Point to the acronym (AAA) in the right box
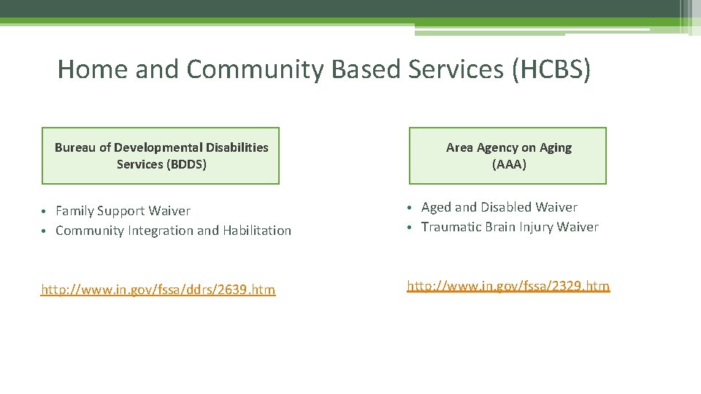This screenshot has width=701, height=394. [x=509, y=164]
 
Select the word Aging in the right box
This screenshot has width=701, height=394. [x=556, y=147]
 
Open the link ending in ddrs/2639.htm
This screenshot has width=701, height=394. [x=158, y=290]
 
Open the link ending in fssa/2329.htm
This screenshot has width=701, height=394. [x=508, y=286]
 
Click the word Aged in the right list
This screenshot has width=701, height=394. [x=437, y=207]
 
